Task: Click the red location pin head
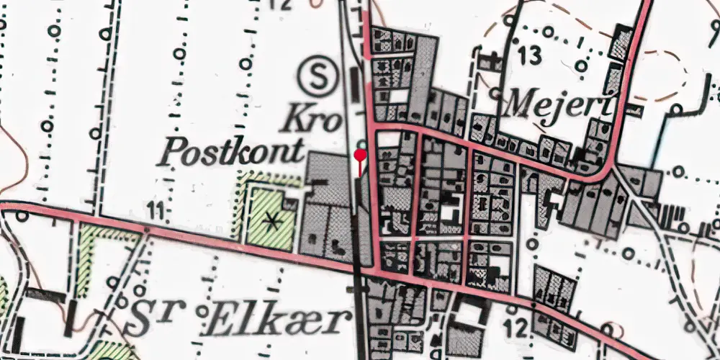tap(361, 153)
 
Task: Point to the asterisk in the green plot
tap(272, 221)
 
